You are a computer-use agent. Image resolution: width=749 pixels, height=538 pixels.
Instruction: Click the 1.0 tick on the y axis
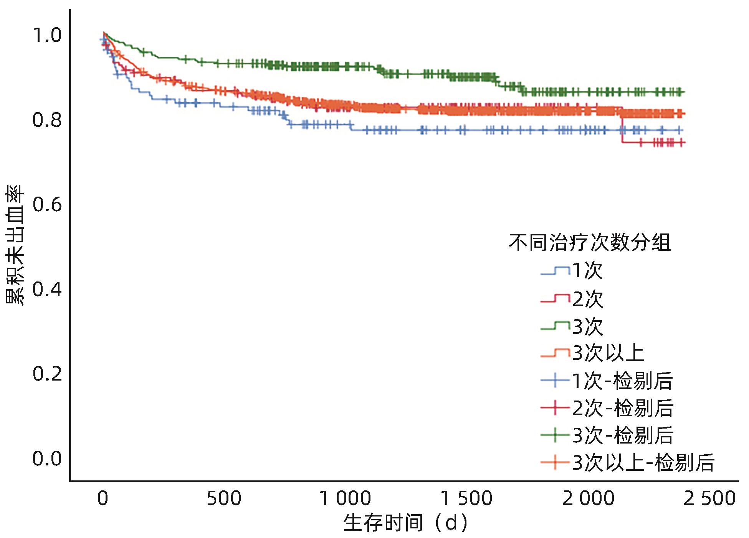(46, 36)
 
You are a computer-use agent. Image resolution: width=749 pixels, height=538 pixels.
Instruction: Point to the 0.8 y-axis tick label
(46, 120)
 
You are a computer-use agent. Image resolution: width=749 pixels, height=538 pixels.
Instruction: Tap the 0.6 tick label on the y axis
(46, 205)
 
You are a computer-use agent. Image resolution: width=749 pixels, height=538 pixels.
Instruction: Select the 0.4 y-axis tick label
(46, 289)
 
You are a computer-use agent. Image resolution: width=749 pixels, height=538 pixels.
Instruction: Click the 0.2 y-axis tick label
(46, 374)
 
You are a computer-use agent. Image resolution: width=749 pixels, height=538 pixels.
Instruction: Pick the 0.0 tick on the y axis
(46, 459)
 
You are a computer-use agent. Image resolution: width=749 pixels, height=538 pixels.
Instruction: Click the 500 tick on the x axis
(224, 498)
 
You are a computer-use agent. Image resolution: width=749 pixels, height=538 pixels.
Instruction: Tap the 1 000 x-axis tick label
(345, 498)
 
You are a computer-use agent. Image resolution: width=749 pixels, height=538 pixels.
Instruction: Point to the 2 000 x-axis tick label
(588, 498)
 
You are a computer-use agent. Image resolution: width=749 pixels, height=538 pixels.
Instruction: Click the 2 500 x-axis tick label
(709, 498)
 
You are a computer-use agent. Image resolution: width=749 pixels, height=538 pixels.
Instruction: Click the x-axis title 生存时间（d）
(406, 523)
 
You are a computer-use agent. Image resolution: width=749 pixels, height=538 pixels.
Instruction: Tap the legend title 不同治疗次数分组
(590, 243)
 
